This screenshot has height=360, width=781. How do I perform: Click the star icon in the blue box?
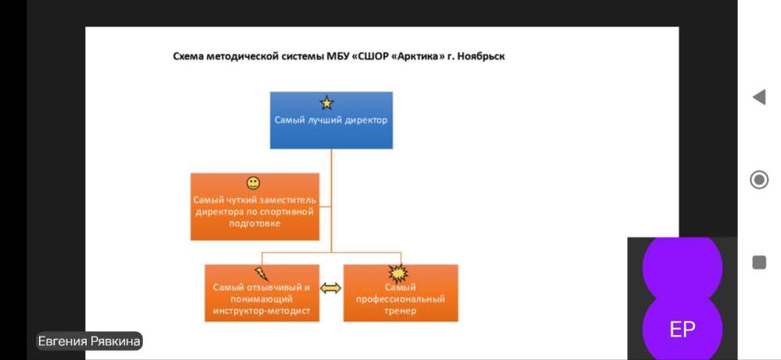pyautogui.click(x=326, y=103)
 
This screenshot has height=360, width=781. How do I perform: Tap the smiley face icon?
pyautogui.click(x=254, y=184)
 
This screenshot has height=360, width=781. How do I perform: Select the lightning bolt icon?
pyautogui.click(x=262, y=273)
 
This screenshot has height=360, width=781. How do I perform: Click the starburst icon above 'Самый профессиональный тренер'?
pyautogui.click(x=398, y=273)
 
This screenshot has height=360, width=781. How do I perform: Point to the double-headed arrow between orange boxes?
pyautogui.click(x=330, y=288)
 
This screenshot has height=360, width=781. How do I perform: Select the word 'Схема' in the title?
pyautogui.click(x=188, y=56)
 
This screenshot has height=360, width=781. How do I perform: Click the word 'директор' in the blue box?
pyautogui.click(x=366, y=120)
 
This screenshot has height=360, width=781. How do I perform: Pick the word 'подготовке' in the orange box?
pyautogui.click(x=255, y=223)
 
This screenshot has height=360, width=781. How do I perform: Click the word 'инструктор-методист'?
pyautogui.click(x=262, y=312)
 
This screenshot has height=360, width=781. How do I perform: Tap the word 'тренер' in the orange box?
pyautogui.click(x=401, y=312)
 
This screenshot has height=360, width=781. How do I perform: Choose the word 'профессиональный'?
pyautogui.click(x=401, y=299)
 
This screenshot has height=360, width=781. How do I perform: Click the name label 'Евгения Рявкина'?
pyautogui.click(x=89, y=341)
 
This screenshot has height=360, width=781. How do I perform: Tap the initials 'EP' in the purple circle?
pyautogui.click(x=683, y=330)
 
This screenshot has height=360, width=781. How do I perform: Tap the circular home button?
pyautogui.click(x=758, y=180)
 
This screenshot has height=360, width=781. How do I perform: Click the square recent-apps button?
pyautogui.click(x=759, y=262)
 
